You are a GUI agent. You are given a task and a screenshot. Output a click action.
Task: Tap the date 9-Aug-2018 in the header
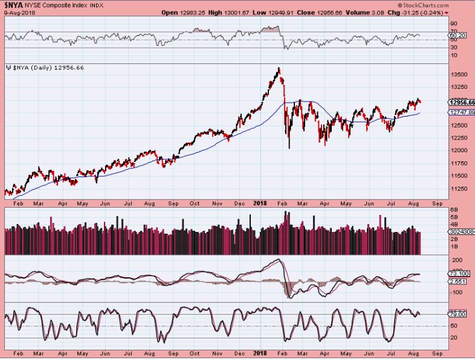point(17,13)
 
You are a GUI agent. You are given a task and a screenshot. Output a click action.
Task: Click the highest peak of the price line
point(279,68)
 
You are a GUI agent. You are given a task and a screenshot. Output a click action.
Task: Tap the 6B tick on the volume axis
point(453,210)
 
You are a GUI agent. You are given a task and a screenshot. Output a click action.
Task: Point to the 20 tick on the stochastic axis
point(453,338)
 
